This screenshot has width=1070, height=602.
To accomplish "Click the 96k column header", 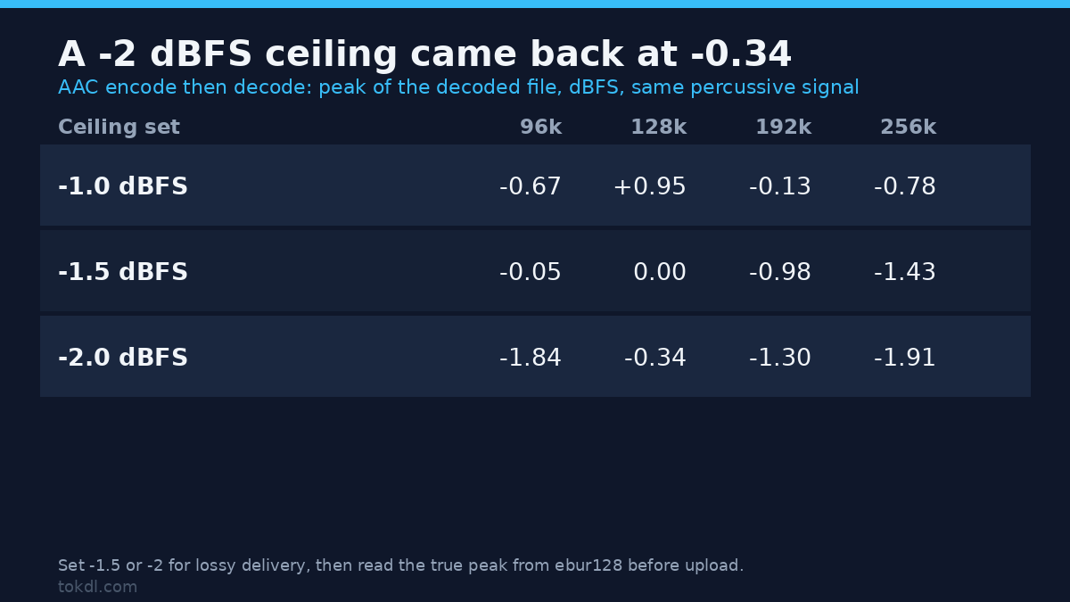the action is pos(540,127).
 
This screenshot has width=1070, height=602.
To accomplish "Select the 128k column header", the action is pos(659,127).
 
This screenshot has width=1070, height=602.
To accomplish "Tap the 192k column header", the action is pos(784,127).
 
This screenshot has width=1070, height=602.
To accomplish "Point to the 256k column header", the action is pos(908,127).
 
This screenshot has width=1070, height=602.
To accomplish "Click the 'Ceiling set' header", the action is pos(119,127).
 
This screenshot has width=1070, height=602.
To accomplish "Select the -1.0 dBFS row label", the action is pos(123,186).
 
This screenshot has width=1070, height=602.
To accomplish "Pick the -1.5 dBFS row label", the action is pos(123,271).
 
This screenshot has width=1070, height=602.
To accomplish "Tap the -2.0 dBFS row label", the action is pos(123,357).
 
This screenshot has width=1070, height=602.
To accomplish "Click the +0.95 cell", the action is pos(650,186).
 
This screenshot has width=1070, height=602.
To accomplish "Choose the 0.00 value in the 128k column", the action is pos(660,271).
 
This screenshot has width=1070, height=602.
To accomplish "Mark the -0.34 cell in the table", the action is pos(654,357).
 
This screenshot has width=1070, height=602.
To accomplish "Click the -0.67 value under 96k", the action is pos(531,186).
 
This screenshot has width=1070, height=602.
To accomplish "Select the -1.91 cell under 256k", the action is pos(905,357).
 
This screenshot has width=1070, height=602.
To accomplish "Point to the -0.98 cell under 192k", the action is pos(780,271).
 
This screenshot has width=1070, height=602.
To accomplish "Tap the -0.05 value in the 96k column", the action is pos(531,271).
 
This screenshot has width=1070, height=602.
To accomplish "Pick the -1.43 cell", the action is pos(905,271).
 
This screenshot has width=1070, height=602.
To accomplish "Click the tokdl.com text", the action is pos(97,587).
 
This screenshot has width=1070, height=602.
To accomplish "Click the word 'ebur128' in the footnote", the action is pos(588,565).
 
